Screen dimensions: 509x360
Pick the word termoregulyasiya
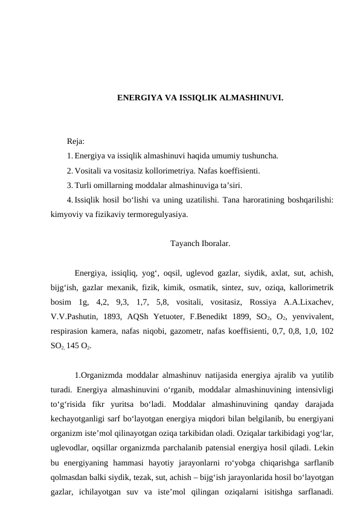[x=156, y=214]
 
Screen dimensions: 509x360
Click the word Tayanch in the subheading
[x=184, y=244]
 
